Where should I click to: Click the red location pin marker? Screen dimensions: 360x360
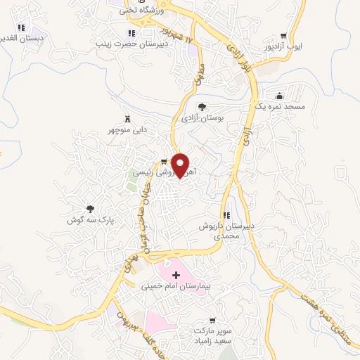click(181, 166)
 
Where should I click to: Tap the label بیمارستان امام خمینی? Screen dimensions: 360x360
click(172, 287)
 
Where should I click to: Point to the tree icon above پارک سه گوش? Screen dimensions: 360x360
click(90, 208)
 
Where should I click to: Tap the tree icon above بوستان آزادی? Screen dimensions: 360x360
click(202, 107)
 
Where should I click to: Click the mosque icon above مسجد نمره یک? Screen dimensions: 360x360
click(280, 96)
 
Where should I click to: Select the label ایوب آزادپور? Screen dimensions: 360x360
click(288, 46)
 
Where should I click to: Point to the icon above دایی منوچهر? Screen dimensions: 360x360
click(127, 119)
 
